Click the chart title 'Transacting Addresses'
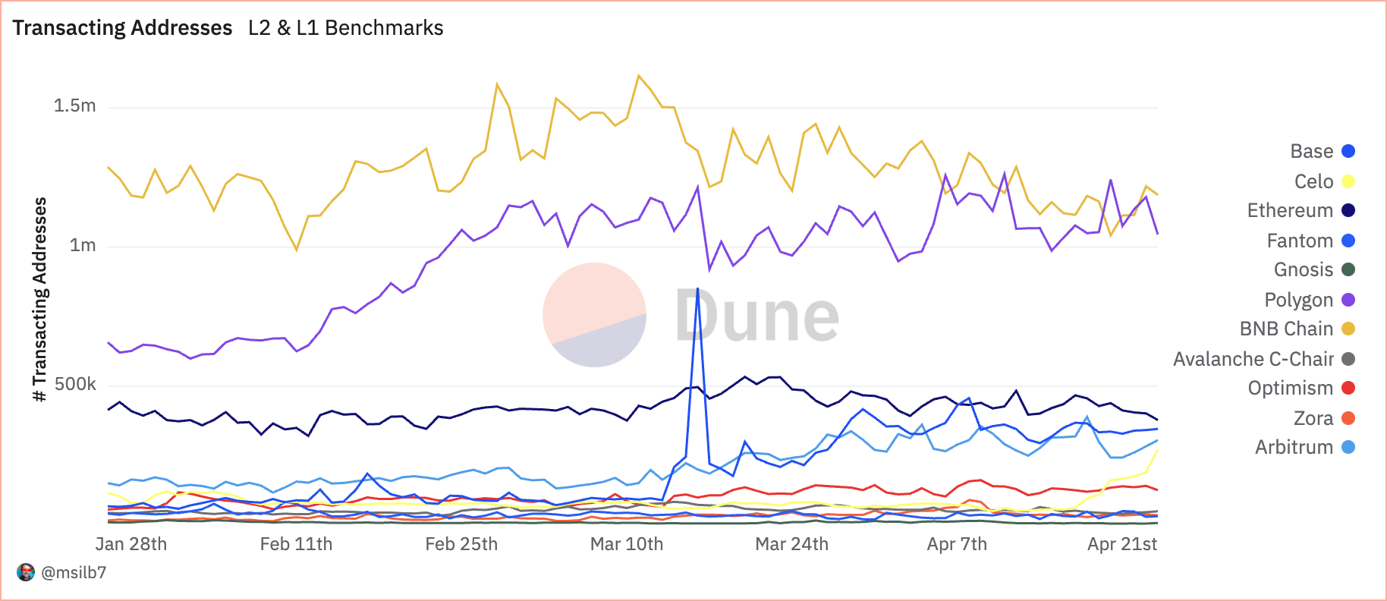tap(122, 28)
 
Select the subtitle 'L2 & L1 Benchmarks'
tap(345, 28)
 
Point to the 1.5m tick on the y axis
tap(75, 105)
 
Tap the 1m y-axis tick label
tap(83, 245)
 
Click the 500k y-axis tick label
tap(75, 384)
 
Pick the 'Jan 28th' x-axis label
tap(131, 544)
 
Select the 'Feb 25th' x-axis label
tap(461, 544)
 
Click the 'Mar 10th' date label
tap(627, 544)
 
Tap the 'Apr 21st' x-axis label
tap(1122, 544)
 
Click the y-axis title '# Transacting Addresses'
tap(40, 299)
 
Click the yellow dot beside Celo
tap(1348, 181)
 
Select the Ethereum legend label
tap(1290, 210)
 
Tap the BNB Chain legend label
tap(1286, 329)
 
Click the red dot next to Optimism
tap(1348, 388)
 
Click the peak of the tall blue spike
tap(697, 288)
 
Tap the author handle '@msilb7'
tap(74, 572)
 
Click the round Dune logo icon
tap(594, 315)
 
